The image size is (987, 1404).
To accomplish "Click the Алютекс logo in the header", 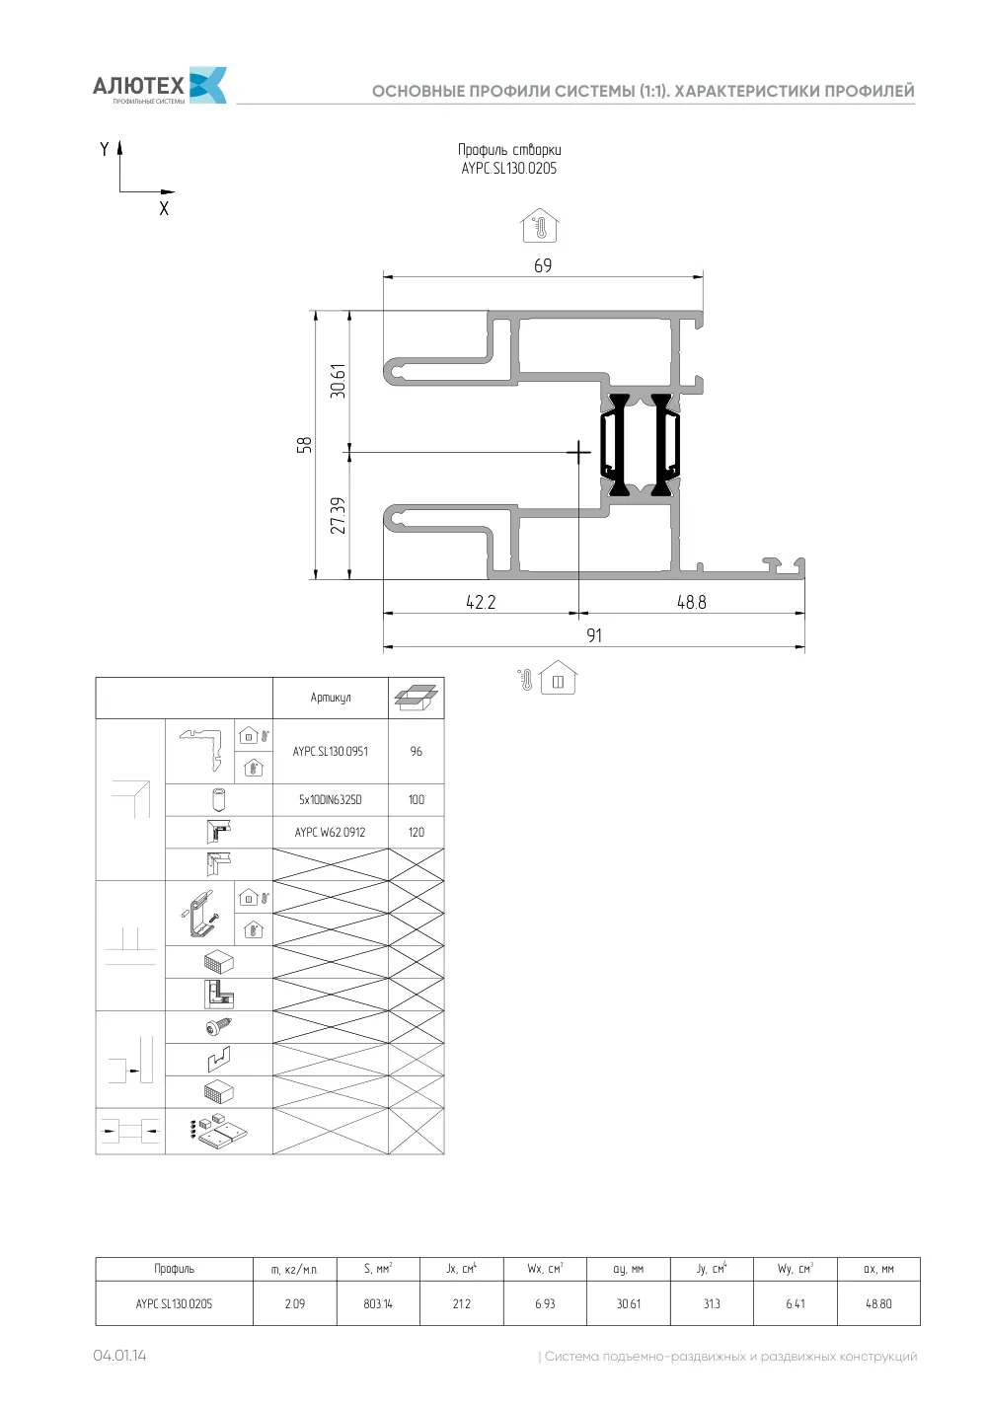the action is tap(159, 85).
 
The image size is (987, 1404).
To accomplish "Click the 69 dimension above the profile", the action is tap(543, 265).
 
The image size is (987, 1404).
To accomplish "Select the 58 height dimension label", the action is tap(303, 445).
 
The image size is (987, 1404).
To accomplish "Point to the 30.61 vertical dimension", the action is tap(338, 381).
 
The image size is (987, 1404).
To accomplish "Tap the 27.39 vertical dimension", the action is tap(338, 516).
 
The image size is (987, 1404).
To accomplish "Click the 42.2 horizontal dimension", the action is tap(481, 602).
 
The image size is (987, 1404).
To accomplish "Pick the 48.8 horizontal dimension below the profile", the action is tap(691, 602).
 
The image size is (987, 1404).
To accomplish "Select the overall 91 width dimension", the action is tap(594, 635).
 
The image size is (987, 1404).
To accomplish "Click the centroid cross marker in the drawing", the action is tap(578, 451).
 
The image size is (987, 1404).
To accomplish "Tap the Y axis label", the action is tap(104, 149).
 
